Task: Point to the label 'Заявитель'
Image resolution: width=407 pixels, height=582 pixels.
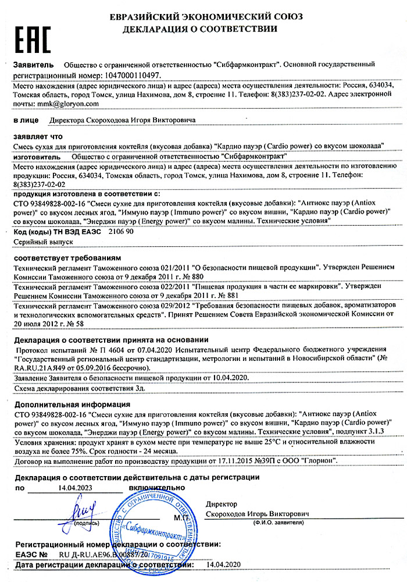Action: click(33, 65)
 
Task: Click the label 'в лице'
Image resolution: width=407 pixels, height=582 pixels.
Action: click(24, 120)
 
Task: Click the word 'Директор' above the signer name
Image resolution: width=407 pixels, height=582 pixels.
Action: click(222, 504)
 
